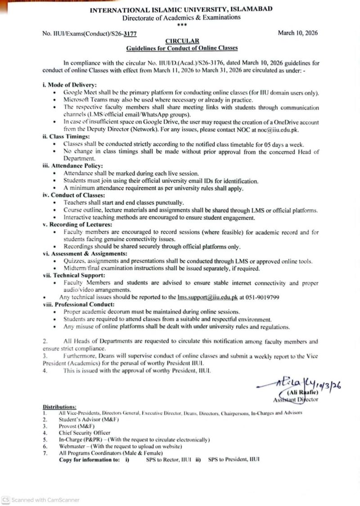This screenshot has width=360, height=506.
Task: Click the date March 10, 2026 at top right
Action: pos(298,33)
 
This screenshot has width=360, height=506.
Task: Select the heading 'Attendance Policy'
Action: pos(72,166)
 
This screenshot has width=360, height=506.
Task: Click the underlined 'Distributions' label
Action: pos(59,407)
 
